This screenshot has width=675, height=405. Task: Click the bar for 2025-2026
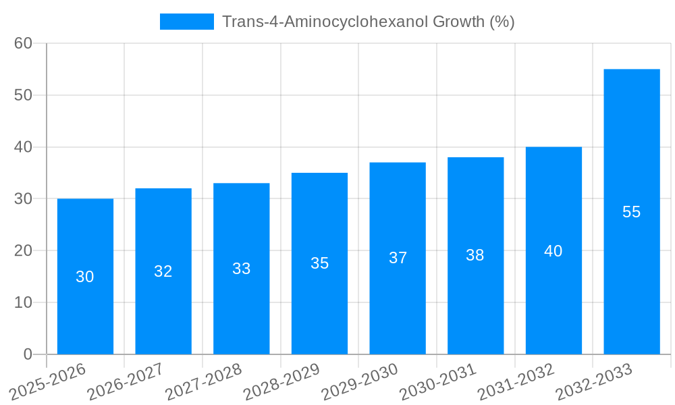[x=85, y=304]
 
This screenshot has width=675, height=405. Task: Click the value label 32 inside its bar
[x=163, y=271]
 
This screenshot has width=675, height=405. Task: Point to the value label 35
[x=319, y=263]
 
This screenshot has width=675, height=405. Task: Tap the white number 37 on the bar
[x=398, y=258]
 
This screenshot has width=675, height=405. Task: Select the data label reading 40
[x=553, y=251]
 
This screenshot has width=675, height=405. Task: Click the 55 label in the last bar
[x=631, y=212]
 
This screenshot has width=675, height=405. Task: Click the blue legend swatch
[x=186, y=22]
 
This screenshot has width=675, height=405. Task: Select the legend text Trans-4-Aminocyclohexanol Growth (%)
[x=368, y=22]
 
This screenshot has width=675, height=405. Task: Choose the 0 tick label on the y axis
[x=28, y=354]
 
